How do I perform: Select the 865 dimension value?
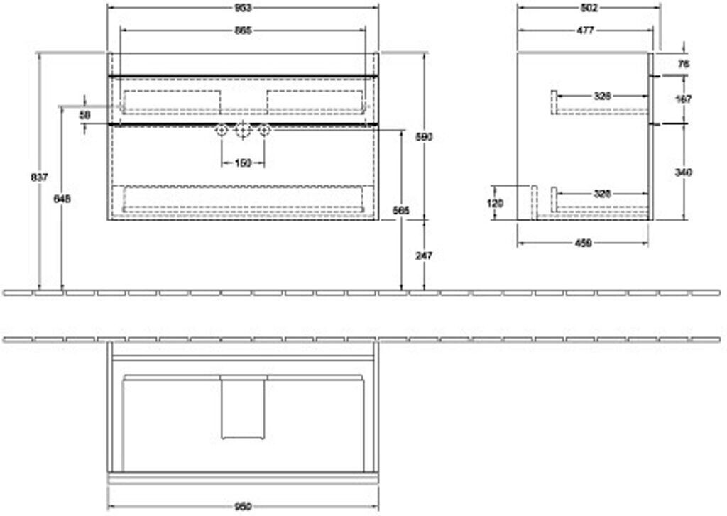point(243,31)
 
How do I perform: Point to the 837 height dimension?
point(40,177)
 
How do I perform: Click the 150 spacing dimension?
point(243,163)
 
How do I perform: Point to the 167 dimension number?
point(684,99)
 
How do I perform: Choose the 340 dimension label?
point(684,172)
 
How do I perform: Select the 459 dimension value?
point(583,243)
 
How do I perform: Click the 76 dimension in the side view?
point(684,64)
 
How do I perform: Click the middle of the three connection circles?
point(243,131)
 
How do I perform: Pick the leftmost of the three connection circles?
point(222,131)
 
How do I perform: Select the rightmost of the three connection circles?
point(264,131)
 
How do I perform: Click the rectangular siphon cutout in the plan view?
point(243,408)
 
